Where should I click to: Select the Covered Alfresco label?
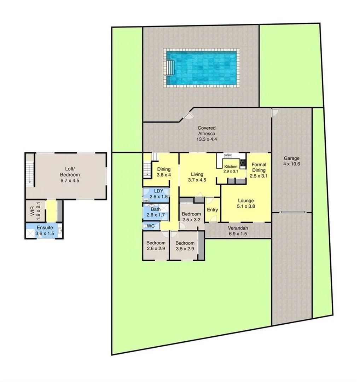(x=207, y=133)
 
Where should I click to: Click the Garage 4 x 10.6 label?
(x=291, y=161)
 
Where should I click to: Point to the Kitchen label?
(x=231, y=169)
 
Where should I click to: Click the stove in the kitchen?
(x=243, y=163)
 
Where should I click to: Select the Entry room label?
(x=213, y=210)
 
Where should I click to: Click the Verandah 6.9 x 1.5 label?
(x=237, y=231)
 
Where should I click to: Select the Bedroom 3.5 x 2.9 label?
(x=185, y=246)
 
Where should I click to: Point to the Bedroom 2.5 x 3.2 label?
(x=191, y=217)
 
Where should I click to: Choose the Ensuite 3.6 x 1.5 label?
(x=44, y=230)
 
